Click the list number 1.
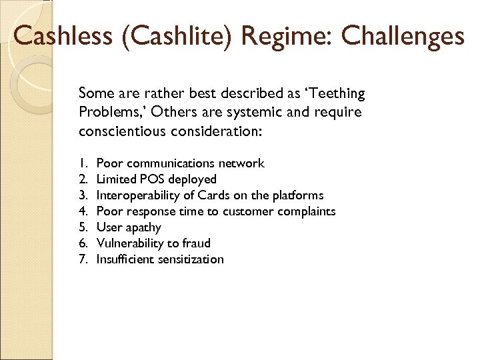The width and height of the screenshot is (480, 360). (x=83, y=163)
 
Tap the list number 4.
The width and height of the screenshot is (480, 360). (x=83, y=211)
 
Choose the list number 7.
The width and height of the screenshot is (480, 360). (x=83, y=259)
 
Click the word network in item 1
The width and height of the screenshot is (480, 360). (x=243, y=163)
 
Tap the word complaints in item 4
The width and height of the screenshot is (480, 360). (x=307, y=211)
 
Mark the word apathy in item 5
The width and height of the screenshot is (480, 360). (x=143, y=227)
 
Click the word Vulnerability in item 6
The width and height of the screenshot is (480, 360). (x=131, y=243)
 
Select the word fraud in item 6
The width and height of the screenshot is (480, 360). (x=196, y=243)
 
